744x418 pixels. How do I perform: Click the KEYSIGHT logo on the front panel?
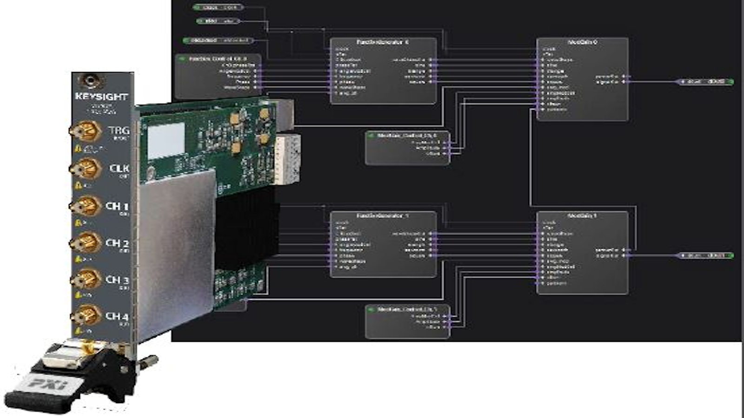101,97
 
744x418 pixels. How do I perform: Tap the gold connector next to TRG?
86,131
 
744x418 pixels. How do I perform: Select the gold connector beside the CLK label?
86,169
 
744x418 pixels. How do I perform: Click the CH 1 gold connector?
86,206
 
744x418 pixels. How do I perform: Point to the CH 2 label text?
116,243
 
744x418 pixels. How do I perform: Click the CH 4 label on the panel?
116,316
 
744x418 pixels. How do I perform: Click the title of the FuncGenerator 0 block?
382,42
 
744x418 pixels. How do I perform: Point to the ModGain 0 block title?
582,42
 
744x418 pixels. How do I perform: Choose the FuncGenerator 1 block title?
382,216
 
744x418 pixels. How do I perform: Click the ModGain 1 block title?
582,216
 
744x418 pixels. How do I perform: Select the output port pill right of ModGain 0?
705,82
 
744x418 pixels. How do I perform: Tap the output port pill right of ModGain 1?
705,255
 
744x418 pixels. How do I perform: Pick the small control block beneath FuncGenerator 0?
407,148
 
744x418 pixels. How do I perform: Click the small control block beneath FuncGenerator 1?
407,321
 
